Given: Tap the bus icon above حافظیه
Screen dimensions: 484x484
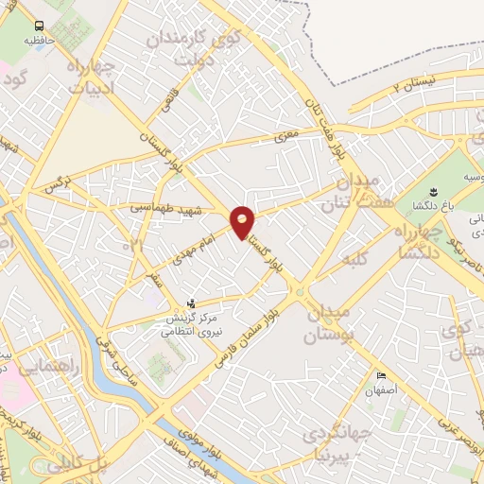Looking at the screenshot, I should pyautogui.click(x=40, y=26).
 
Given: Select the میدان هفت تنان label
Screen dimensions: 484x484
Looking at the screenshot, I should pyautogui.click(x=347, y=191).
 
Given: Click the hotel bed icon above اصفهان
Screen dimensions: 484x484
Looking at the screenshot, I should pyautogui.click(x=381, y=373).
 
